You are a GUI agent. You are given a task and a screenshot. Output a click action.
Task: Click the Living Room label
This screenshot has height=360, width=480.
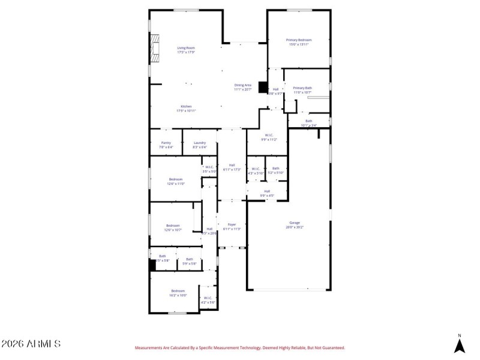[x=186, y=50]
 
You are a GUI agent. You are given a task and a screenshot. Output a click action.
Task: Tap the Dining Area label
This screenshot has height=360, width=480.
[x=242, y=88]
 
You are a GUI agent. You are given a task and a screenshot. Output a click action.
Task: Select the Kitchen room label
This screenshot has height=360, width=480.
[x=186, y=109]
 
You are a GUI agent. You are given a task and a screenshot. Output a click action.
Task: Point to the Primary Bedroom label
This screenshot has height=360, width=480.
[x=299, y=42]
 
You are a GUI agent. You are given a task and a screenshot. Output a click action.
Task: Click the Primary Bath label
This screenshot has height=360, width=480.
[x=302, y=90]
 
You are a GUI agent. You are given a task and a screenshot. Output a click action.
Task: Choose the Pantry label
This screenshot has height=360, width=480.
[x=166, y=145]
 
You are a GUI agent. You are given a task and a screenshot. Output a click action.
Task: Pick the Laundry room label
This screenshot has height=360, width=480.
[x=200, y=145]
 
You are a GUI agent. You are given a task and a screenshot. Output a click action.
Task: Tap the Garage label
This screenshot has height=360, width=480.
[x=295, y=224]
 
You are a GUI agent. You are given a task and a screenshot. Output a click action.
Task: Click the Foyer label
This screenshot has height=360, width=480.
[x=232, y=226]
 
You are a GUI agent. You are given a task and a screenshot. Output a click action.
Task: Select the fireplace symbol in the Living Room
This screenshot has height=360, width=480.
[x=156, y=47]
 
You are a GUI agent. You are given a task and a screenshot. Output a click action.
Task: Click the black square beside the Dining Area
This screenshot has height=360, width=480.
[x=263, y=87]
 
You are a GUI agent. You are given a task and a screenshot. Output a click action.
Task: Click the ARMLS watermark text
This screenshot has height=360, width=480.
[x=31, y=344]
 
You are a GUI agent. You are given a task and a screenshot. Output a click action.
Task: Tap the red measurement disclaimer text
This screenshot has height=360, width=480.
[x=240, y=347]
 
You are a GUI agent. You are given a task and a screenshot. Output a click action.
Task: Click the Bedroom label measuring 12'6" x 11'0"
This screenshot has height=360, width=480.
[x=175, y=181]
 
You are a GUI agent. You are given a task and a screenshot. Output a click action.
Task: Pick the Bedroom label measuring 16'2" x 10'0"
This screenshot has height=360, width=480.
[x=178, y=293]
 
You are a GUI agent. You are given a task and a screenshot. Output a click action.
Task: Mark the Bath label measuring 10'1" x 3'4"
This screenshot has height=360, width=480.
[x=308, y=123]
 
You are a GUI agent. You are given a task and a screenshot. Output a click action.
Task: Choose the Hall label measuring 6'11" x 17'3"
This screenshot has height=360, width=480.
[x=232, y=167]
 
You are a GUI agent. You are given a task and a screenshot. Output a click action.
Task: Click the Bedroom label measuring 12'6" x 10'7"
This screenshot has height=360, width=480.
[x=172, y=227]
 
